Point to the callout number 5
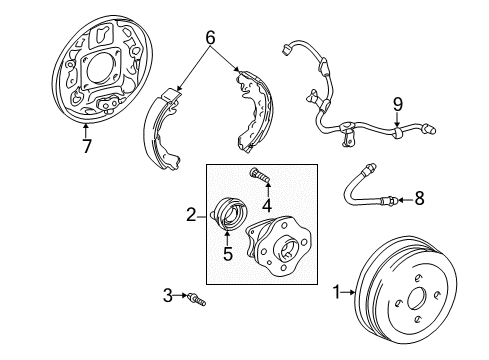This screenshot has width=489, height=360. (227, 254)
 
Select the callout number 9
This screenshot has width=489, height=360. (397, 103)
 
